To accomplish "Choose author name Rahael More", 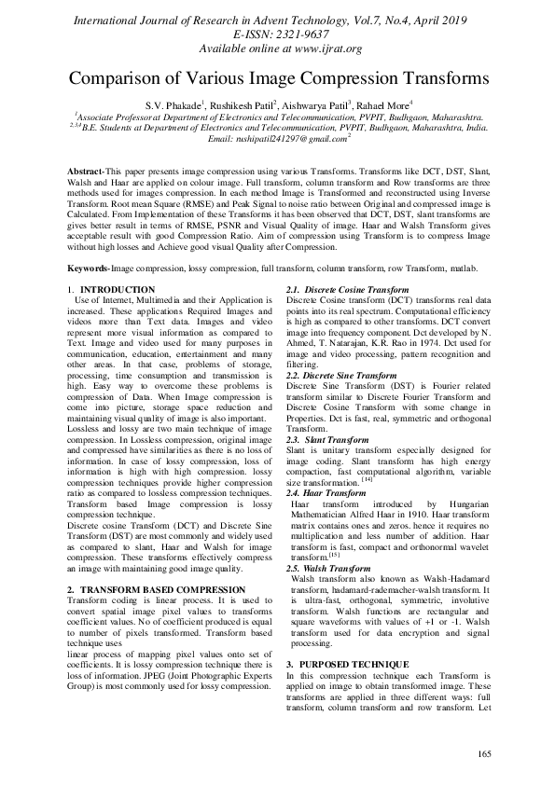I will (x=378, y=106).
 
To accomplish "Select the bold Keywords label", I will (x=88, y=269).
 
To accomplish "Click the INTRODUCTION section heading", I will (x=117, y=291).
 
